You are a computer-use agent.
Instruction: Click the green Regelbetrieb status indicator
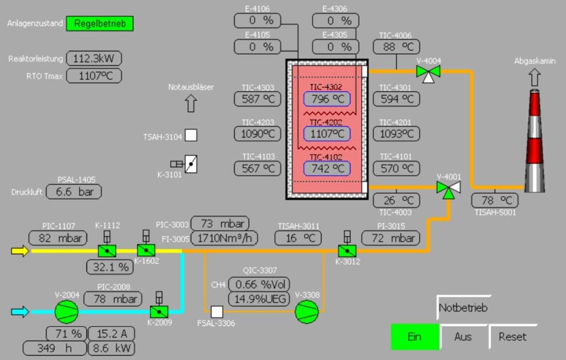click(x=99, y=23)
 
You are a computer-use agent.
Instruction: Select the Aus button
click(x=463, y=337)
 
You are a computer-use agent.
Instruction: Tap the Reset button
click(x=512, y=337)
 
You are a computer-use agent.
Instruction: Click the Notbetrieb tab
click(x=463, y=307)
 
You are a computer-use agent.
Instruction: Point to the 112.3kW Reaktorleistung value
click(x=94, y=58)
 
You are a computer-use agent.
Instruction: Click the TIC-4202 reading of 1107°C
click(x=327, y=134)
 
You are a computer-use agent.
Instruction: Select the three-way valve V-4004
click(x=428, y=74)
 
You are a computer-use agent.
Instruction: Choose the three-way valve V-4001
click(x=448, y=190)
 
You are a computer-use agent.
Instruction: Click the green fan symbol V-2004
click(x=66, y=312)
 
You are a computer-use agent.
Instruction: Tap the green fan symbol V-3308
click(x=306, y=312)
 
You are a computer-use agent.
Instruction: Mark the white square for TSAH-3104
click(x=191, y=135)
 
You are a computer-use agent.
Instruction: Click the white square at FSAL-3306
click(x=217, y=312)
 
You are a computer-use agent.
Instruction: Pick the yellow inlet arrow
click(x=20, y=251)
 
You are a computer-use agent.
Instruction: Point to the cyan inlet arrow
click(x=20, y=312)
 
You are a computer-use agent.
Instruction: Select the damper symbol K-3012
click(x=347, y=251)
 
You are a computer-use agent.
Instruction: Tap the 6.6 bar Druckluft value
click(x=74, y=192)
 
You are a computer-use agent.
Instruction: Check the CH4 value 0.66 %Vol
click(x=259, y=285)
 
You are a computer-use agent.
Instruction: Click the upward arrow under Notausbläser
click(x=191, y=103)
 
